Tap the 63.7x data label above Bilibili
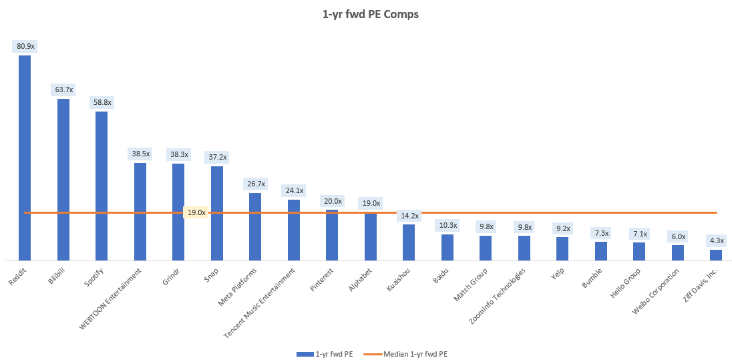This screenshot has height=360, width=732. [x=64, y=89]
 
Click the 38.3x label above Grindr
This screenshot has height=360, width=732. [x=179, y=154]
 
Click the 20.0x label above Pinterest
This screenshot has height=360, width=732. [x=332, y=201]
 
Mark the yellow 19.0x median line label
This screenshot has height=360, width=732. [x=196, y=212]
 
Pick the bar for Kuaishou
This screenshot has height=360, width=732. [x=409, y=242]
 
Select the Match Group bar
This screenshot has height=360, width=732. [x=486, y=248]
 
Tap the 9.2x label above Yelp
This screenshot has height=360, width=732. [x=562, y=228]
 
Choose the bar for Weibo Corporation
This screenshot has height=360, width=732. [x=678, y=252]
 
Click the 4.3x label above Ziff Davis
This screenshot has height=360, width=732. [x=716, y=240]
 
